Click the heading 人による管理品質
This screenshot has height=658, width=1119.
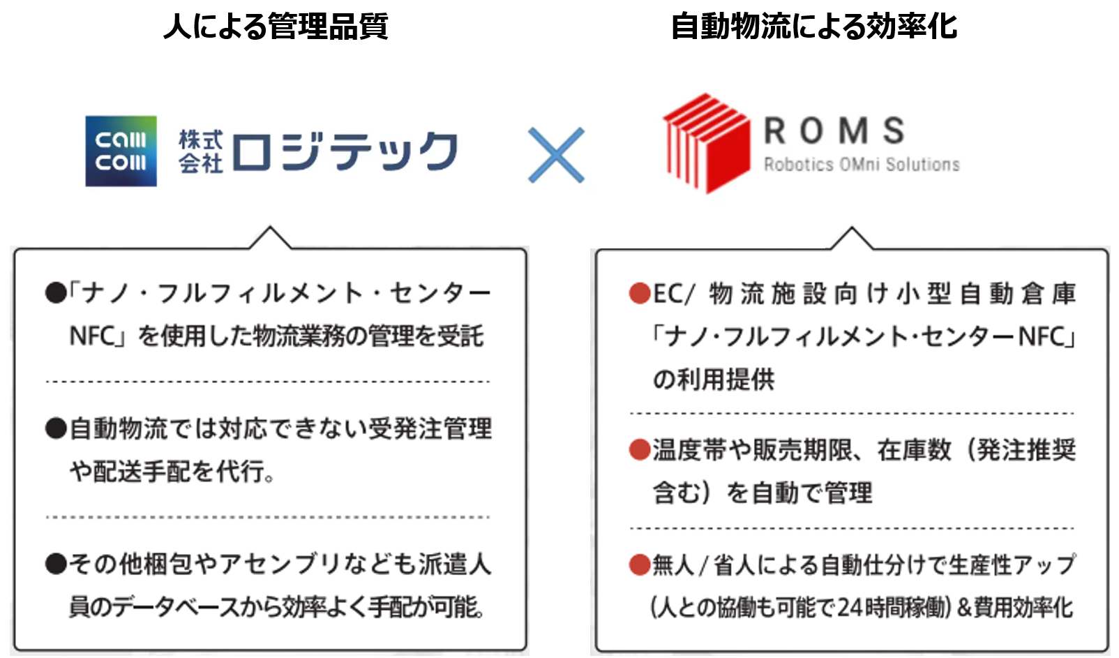coord(275,27)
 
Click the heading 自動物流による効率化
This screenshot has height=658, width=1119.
coord(813,27)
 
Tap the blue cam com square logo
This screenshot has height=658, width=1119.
coord(121,151)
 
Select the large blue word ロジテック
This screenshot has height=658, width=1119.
coord(345,151)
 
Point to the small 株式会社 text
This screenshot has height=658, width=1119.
coord(200,151)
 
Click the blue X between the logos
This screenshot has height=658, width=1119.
coord(556,155)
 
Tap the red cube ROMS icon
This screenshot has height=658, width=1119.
coord(706,143)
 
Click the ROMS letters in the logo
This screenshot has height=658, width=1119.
coord(834,131)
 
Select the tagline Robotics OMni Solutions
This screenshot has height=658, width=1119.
coord(862,165)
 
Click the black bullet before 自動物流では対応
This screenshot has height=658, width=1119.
coord(56,428)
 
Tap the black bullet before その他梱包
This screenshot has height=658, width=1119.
coord(56,564)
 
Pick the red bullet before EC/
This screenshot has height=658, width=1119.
coord(639,294)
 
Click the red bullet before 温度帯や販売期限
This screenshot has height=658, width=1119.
coord(639,450)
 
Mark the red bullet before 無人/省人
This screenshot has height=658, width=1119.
coord(639,564)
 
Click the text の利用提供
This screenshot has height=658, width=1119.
coord(713,380)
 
